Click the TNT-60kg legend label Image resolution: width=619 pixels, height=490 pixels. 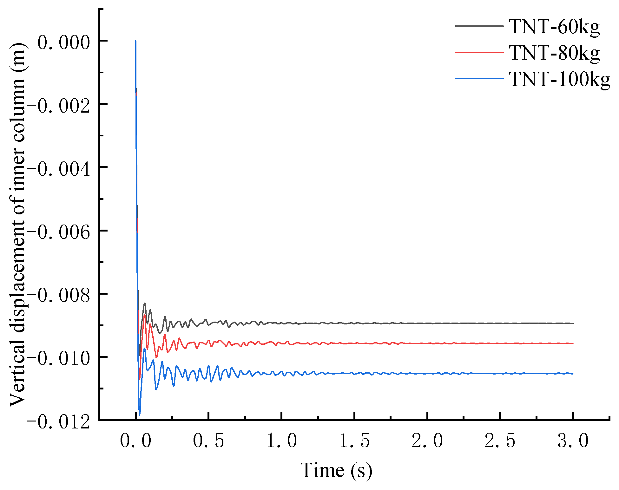pos(554,27)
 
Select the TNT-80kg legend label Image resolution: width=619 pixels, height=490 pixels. pos(554,53)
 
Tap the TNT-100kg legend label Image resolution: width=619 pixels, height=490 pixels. pos(559,79)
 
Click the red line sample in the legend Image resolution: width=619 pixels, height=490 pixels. pos(479,52)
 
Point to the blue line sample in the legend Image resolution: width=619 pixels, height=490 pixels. pos(479,78)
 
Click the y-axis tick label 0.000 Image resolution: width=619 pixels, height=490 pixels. pos(63,42)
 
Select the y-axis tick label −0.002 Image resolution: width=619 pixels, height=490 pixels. pos(59,105)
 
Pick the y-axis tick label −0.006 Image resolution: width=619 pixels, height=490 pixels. pos(59,232)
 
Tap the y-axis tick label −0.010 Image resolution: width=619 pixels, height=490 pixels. pos(59,358)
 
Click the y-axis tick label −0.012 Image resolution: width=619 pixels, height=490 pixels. pos(59,422)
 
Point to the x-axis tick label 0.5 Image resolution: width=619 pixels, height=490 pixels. pos(208,441)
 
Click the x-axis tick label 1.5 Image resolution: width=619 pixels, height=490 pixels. pos(354,441)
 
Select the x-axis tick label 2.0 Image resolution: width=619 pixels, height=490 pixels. pos(427,441)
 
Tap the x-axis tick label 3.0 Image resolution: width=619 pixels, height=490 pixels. pos(573,441)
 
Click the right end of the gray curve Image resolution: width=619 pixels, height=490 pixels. pos(573,323)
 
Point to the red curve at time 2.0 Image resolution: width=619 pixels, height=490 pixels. pos(427,343)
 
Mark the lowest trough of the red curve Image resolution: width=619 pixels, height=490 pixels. pos(139,379)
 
